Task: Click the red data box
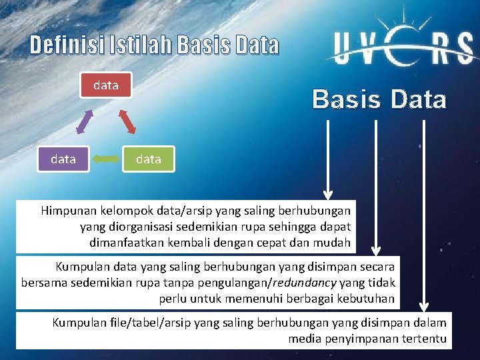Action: point(106,85)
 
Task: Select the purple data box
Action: point(63,159)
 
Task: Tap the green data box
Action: point(148,159)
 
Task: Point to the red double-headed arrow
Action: point(127,121)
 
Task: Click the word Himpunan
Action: point(69,211)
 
